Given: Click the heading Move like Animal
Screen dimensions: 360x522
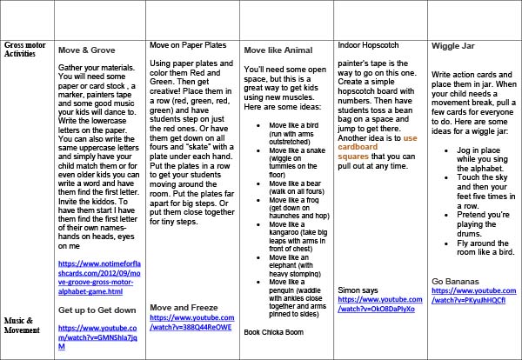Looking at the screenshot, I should (x=276, y=50).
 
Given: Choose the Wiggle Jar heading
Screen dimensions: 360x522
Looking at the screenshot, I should (x=452, y=44).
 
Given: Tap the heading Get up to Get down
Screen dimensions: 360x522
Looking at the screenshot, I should (x=97, y=310).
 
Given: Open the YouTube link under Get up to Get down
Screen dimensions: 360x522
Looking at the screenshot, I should (x=97, y=334).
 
